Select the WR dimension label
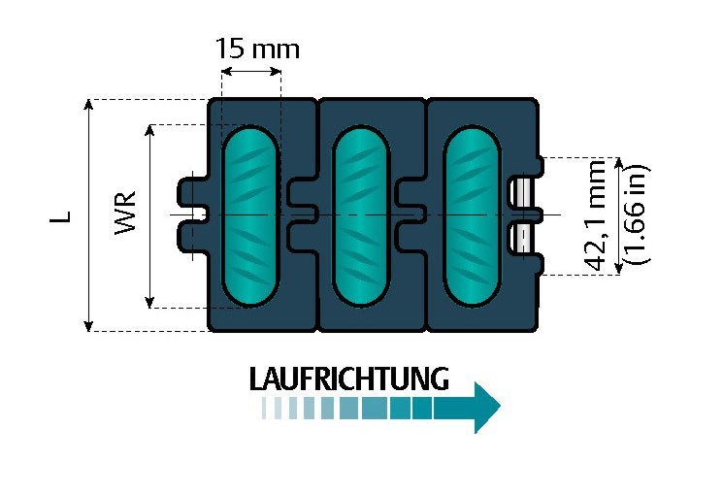click(125, 214)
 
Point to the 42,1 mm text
click(597, 215)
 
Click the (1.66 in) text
click(638, 215)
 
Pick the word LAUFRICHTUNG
click(349, 379)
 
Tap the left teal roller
click(250, 215)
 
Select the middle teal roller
click(361, 215)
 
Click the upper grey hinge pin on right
click(525, 191)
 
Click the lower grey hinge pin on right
click(525, 238)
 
